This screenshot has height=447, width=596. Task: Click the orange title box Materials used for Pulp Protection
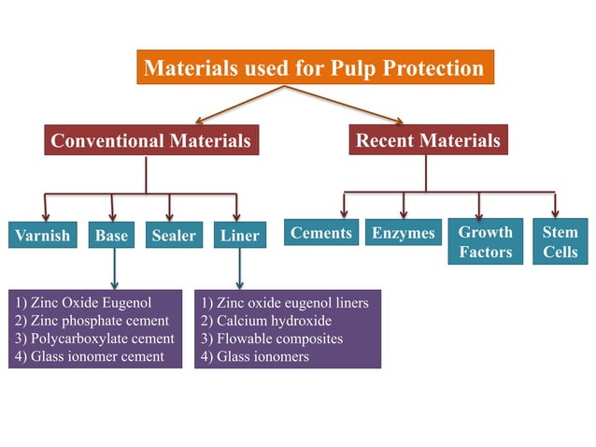coord(314,68)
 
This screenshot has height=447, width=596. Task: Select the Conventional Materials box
coord(150,141)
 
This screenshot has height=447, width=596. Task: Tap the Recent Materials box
coord(428,141)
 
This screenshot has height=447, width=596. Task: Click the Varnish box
coord(42,236)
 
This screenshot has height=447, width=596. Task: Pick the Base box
coord(111,236)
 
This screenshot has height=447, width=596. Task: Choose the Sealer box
coord(174,236)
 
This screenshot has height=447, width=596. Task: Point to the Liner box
coord(240,236)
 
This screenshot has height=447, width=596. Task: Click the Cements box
coord(321,234)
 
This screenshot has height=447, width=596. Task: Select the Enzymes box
coord(403,234)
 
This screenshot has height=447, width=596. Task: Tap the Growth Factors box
coord(486,242)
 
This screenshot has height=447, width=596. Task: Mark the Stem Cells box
coord(561,242)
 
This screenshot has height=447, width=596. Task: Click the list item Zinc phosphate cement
coord(92,321)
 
